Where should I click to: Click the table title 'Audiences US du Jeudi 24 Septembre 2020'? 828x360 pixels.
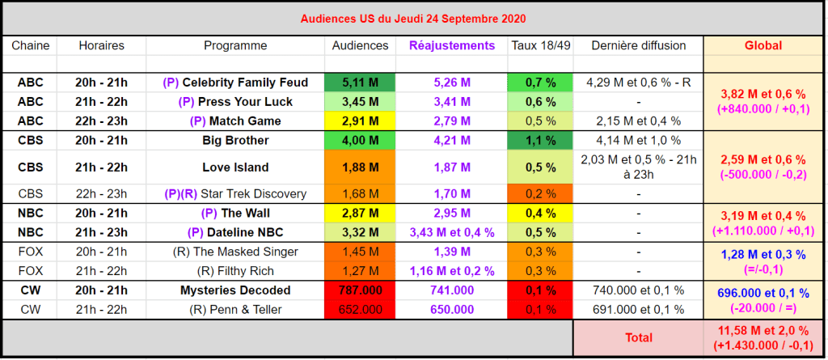tap(413, 18)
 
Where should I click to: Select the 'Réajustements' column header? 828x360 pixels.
tap(452, 45)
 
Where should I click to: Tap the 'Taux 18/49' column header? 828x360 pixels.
tap(540, 45)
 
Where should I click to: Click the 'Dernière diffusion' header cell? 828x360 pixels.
tap(639, 45)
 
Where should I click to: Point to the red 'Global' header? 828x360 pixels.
tap(763, 45)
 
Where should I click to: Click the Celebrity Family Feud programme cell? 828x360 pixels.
tap(235, 83)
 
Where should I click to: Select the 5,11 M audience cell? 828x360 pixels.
tap(360, 83)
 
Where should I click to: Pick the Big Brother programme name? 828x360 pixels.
tap(235, 141)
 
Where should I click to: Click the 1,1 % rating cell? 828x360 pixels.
tap(540, 141)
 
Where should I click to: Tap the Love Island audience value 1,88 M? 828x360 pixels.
tap(360, 167)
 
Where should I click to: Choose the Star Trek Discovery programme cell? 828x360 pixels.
tap(235, 193)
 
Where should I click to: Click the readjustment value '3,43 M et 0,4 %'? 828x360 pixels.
tap(452, 233)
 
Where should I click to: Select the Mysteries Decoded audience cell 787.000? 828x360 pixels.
tap(360, 290)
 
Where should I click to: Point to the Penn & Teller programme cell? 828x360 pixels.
tap(235, 310)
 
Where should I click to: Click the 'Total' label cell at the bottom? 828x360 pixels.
tap(638, 337)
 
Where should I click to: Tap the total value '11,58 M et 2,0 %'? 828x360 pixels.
tap(763, 330)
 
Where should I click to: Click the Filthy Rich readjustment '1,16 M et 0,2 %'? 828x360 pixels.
tap(452, 272)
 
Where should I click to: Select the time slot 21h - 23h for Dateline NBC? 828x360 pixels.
tap(101, 233)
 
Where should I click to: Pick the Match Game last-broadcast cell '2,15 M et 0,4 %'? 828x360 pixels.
tap(639, 121)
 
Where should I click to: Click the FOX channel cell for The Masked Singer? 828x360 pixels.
tap(30, 252)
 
